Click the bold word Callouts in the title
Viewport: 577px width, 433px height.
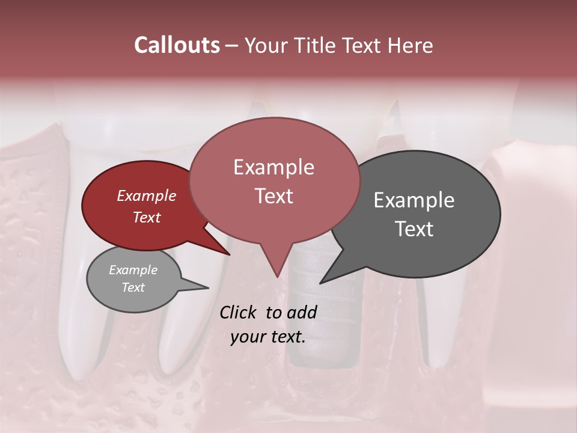177,45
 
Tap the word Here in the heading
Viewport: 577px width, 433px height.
410,46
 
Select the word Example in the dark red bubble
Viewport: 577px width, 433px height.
146,195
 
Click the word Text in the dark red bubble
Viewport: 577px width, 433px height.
146,217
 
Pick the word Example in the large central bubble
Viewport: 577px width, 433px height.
273,167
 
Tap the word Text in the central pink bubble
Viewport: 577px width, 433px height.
273,196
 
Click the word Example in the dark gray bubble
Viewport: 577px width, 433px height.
414,200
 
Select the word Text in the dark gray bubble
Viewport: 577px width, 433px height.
414,229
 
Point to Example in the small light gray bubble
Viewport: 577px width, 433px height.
133,270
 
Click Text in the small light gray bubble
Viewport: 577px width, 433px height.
133,287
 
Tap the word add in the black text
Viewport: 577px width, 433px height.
302,312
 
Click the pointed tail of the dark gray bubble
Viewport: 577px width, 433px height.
325,280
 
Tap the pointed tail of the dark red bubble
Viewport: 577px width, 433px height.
225,252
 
